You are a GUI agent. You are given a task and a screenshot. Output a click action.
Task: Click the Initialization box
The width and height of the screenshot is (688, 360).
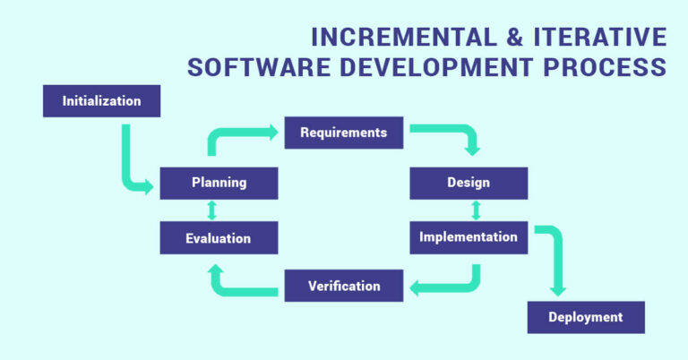(101, 101)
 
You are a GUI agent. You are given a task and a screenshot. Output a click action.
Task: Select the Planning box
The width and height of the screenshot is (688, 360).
(219, 183)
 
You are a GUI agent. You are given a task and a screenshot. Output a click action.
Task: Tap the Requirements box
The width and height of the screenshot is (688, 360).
(343, 133)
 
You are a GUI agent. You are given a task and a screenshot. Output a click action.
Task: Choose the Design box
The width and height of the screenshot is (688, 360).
(469, 183)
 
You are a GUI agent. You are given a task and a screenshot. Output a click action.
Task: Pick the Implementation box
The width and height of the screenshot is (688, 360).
(469, 237)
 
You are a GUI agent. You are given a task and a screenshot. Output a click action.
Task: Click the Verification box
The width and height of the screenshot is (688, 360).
(343, 287)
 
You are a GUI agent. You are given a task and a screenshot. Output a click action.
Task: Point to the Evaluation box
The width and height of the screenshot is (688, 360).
(219, 238)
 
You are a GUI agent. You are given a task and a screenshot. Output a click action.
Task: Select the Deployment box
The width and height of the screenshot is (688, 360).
(585, 317)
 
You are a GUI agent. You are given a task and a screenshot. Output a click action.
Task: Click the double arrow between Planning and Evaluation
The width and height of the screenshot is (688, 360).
(212, 210)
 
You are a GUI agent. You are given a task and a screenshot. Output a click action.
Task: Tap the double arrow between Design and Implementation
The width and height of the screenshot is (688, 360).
(476, 210)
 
